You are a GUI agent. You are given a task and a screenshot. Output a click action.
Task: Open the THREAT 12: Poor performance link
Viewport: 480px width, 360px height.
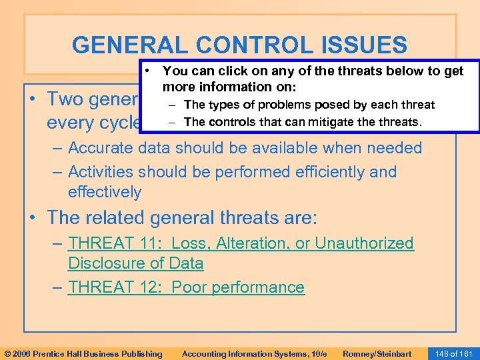click(x=186, y=287)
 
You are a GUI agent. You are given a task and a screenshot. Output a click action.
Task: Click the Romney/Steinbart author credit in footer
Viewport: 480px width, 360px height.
click(x=377, y=353)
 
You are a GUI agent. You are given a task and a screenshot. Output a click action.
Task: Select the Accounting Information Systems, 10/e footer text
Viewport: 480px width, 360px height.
click(x=255, y=353)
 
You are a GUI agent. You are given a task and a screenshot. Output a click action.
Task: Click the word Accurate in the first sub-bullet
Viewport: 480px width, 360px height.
click(x=99, y=148)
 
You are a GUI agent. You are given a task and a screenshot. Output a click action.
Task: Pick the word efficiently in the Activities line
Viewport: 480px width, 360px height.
click(x=323, y=172)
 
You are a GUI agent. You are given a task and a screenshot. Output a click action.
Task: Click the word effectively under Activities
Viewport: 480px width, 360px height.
click(x=105, y=193)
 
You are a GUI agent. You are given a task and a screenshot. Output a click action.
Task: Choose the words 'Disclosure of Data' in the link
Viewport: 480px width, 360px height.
click(x=135, y=263)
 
